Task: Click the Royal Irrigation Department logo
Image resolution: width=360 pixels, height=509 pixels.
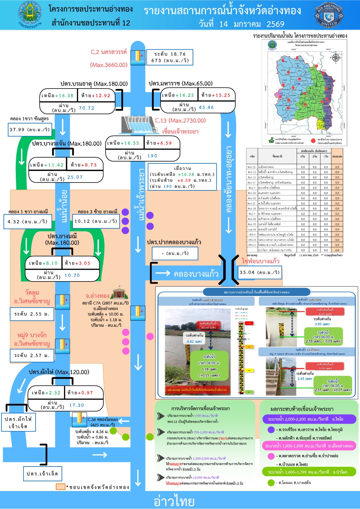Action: pos(30,14)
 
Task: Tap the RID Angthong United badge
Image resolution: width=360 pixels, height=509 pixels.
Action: pos(329,15)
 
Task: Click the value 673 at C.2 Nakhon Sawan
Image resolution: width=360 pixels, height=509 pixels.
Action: pos(156,60)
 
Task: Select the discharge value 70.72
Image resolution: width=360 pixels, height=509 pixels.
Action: pos(86,108)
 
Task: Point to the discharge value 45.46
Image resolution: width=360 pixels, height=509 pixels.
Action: pos(206,107)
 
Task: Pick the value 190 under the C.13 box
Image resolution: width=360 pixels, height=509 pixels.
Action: pos(152,156)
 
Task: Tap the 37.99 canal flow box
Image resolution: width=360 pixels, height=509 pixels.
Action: pos(30,130)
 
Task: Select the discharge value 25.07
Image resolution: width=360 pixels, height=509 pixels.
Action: pos(75,177)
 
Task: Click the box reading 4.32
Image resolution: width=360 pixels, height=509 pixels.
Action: pos(27,221)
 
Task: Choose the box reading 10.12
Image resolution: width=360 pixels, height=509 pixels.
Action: pos(96,221)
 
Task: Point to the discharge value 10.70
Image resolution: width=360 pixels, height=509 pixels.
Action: pos(72,275)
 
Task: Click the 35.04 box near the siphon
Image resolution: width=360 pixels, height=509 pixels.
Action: pos(259,272)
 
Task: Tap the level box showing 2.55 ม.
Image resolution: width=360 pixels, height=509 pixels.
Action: pos(32,314)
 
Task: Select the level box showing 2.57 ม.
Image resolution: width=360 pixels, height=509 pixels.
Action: pos(32,355)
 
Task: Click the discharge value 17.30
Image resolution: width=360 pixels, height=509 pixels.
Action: pos(76,405)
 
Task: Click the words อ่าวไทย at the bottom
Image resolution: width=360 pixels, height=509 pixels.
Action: pos(174,501)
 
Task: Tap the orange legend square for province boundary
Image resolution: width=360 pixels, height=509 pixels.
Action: pos(60,487)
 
